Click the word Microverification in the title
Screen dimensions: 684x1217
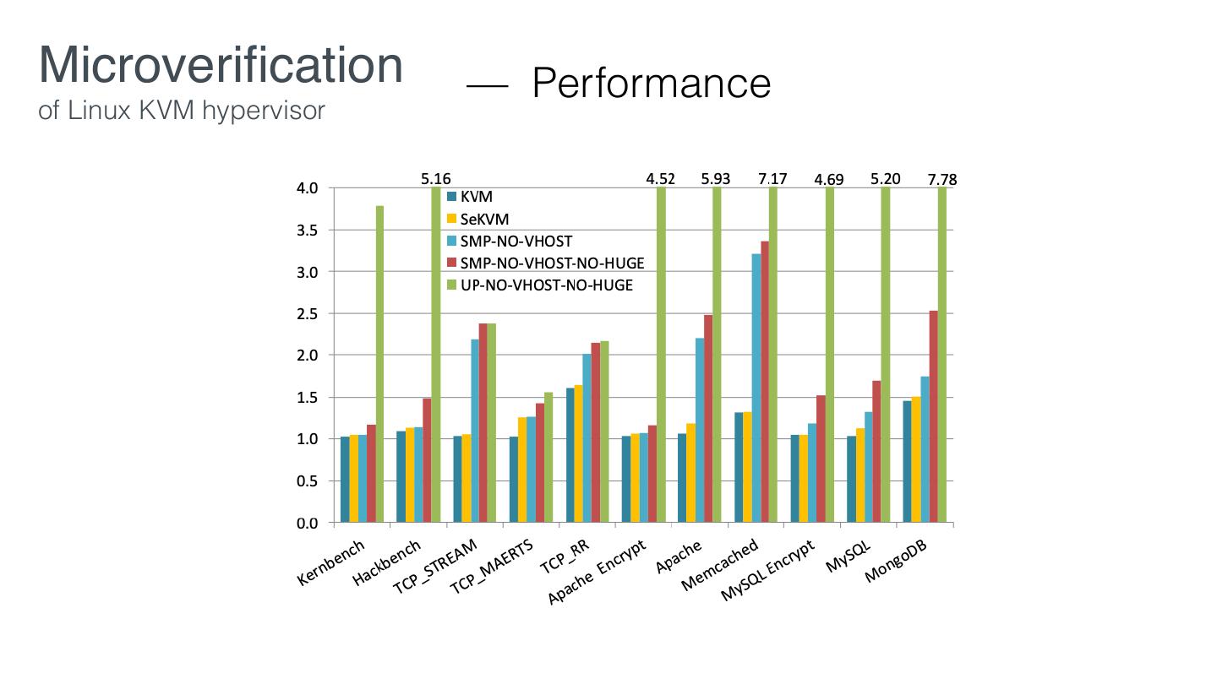tap(221, 65)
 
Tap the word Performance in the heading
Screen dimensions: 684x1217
tap(651, 83)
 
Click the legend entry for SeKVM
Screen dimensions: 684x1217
tap(484, 219)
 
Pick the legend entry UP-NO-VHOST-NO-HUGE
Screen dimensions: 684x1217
tap(546, 285)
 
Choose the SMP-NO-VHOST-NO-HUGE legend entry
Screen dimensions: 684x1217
tap(552, 263)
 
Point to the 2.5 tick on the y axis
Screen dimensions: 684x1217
tap(307, 314)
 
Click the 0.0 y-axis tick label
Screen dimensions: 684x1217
tap(307, 524)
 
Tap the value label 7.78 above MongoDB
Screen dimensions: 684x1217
tap(941, 179)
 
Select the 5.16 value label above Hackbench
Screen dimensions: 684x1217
tap(436, 179)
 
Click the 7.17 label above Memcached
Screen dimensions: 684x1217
tap(772, 179)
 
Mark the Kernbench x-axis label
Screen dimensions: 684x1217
tap(331, 563)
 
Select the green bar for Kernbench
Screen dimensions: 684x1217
tap(380, 364)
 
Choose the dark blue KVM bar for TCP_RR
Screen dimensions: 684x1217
tap(570, 455)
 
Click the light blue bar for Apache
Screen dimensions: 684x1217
tap(700, 430)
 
